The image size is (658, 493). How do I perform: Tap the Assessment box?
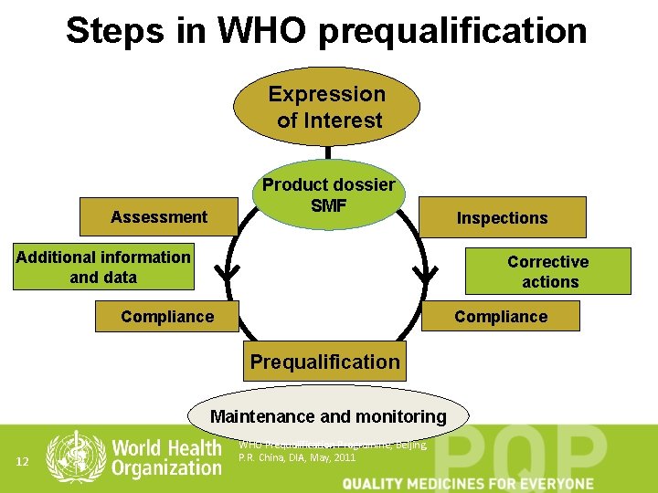(x=158, y=216)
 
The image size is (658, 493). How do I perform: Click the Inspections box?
(x=502, y=217)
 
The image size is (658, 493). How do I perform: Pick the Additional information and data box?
(x=103, y=267)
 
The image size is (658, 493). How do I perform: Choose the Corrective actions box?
(x=547, y=271)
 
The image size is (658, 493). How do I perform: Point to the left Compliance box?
(x=167, y=316)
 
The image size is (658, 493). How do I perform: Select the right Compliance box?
(x=501, y=316)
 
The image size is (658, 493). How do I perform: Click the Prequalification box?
(x=325, y=362)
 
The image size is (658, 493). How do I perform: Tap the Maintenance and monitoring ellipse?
(x=328, y=416)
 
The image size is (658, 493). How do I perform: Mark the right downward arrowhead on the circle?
(x=426, y=272)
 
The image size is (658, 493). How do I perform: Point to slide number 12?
(x=25, y=463)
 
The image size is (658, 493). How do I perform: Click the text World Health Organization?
(x=166, y=458)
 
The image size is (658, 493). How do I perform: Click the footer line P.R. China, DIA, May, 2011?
(x=297, y=457)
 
